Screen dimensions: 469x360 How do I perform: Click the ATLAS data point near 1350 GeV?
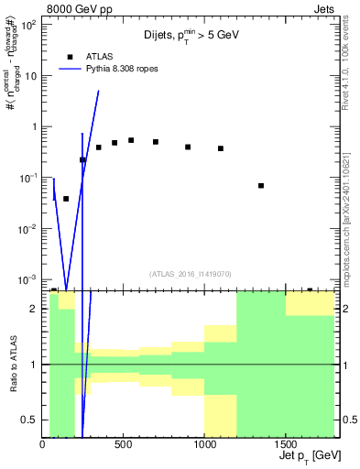point(261,186)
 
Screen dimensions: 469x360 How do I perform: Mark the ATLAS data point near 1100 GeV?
point(221,148)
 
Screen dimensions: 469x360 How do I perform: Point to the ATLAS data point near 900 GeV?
point(188,147)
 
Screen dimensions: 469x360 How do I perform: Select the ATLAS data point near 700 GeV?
point(156,142)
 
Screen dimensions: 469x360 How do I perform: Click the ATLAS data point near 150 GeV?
point(66,198)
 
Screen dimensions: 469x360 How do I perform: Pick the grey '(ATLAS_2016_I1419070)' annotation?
point(191,274)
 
